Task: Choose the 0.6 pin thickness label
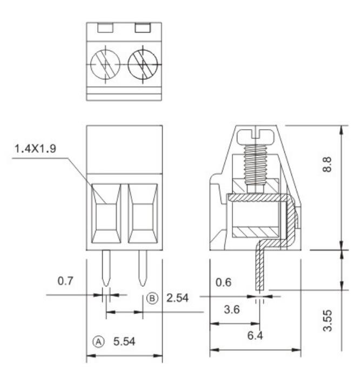[224, 282]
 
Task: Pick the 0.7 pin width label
[65, 281]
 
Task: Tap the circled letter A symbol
[98, 341]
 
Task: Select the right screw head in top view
[142, 65]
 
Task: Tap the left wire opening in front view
[106, 214]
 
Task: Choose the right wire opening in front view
[142, 214]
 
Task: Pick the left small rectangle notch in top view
[105, 27]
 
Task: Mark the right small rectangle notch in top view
[143, 27]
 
